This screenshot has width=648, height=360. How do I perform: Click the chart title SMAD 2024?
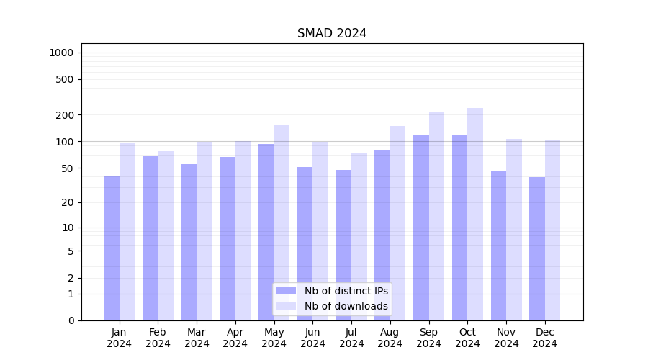tap(332, 33)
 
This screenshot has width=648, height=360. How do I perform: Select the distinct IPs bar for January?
tap(112, 248)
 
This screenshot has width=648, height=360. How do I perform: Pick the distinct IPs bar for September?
tap(421, 228)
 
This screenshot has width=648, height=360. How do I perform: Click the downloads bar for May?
tap(282, 222)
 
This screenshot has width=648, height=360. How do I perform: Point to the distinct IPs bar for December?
tap(537, 248)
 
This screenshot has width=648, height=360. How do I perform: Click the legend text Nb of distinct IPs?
tap(346, 291)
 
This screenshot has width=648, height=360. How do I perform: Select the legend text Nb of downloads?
tap(346, 306)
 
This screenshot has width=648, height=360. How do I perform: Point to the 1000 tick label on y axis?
tap(61, 53)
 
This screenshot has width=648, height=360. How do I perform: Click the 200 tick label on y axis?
tap(65, 115)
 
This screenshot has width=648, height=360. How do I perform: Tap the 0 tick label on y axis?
tap(71, 320)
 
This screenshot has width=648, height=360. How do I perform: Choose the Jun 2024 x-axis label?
tap(312, 338)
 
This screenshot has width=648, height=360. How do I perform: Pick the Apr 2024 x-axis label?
tap(235, 338)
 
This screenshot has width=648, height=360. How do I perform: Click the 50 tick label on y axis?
tap(67, 168)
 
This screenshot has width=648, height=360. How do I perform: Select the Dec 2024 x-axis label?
tap(545, 338)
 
